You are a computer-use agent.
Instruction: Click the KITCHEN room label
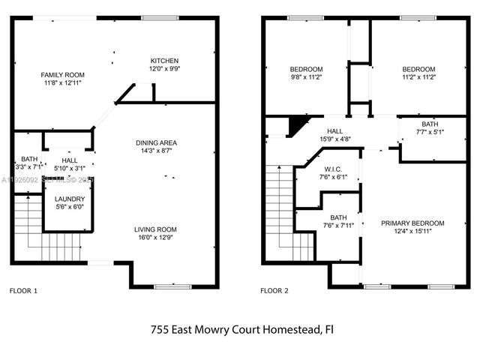tap(164, 61)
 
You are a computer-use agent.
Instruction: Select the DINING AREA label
tap(155, 143)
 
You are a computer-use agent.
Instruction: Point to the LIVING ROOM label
tap(155, 229)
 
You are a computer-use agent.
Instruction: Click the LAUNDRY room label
tap(69, 199)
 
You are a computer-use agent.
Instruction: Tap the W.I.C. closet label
tap(334, 169)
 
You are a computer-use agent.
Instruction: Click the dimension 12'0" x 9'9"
tap(164, 68)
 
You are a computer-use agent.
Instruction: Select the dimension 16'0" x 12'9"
tap(155, 238)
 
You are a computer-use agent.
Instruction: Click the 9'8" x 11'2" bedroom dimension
tap(306, 76)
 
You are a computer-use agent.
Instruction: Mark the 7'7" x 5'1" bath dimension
tap(430, 133)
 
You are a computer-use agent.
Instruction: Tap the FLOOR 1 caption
tap(22, 290)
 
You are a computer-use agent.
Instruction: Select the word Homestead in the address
tap(289, 328)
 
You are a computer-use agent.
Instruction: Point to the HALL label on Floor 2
tap(334, 130)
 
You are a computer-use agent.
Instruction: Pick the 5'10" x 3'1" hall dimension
tap(69, 168)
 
